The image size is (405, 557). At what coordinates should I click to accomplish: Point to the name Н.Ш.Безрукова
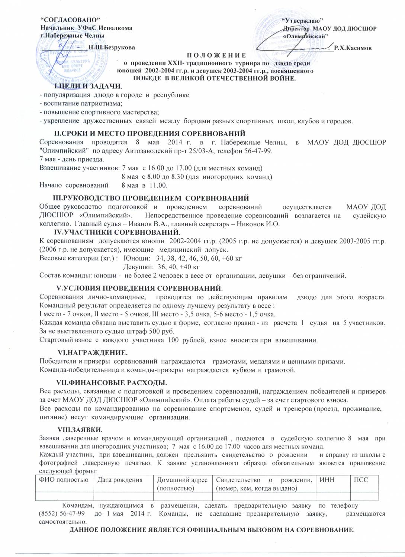pyautogui.click(x=112, y=48)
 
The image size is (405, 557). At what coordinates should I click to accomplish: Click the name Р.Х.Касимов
pyautogui.click(x=353, y=48)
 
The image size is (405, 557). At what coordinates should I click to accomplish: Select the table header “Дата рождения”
pyautogui.click(x=120, y=480)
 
